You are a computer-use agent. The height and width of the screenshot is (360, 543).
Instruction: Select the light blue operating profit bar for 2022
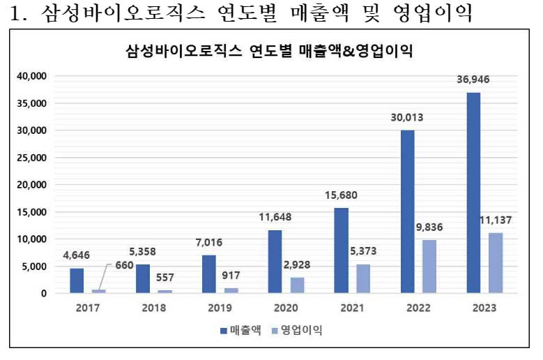click(429, 266)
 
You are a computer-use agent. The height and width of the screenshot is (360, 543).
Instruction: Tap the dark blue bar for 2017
click(77, 280)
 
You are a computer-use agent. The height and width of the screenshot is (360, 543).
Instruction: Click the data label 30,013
click(407, 117)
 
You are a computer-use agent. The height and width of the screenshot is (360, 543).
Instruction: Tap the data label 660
click(124, 265)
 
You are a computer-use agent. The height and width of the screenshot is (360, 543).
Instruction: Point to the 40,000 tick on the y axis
click(32, 76)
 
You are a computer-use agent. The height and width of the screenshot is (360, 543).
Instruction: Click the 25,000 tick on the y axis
click(32, 158)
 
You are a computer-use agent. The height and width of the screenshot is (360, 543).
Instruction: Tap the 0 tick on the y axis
click(43, 294)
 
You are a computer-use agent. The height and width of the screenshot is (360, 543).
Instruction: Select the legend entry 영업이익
click(300, 330)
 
